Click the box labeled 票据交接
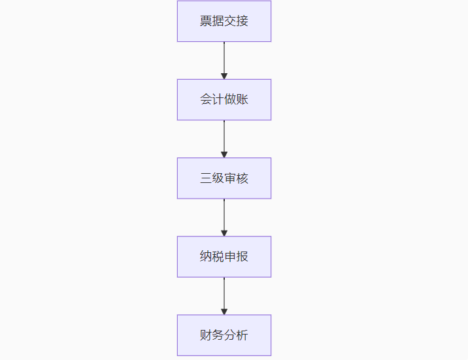coord(224,21)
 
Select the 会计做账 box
coord(224,100)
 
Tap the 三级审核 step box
coord(224,178)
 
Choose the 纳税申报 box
coord(224,257)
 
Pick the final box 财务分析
coord(224,335)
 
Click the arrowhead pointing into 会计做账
coord(224,76)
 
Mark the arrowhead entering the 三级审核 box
coord(224,154)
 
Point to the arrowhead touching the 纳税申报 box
coord(224,233)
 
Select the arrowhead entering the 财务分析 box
coord(224,311)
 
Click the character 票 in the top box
coord(206,21)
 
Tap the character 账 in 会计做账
coord(242,100)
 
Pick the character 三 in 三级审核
coord(206,178)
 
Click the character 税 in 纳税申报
coord(218,257)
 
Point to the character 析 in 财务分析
coord(242,335)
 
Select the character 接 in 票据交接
coord(242,21)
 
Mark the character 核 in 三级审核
coord(242,178)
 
